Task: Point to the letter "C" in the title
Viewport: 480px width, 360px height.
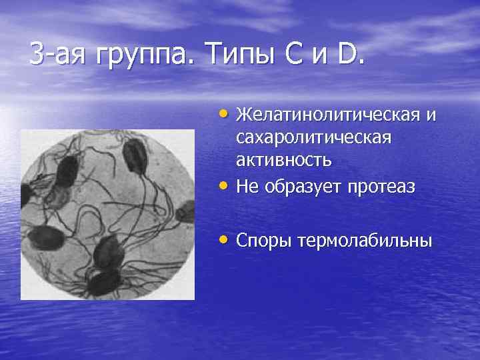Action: click(x=287, y=53)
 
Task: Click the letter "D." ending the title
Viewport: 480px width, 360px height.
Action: click(x=351, y=53)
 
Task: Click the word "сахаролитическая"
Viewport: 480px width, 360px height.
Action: click(x=313, y=138)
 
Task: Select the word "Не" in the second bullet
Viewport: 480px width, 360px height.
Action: click(x=247, y=187)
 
